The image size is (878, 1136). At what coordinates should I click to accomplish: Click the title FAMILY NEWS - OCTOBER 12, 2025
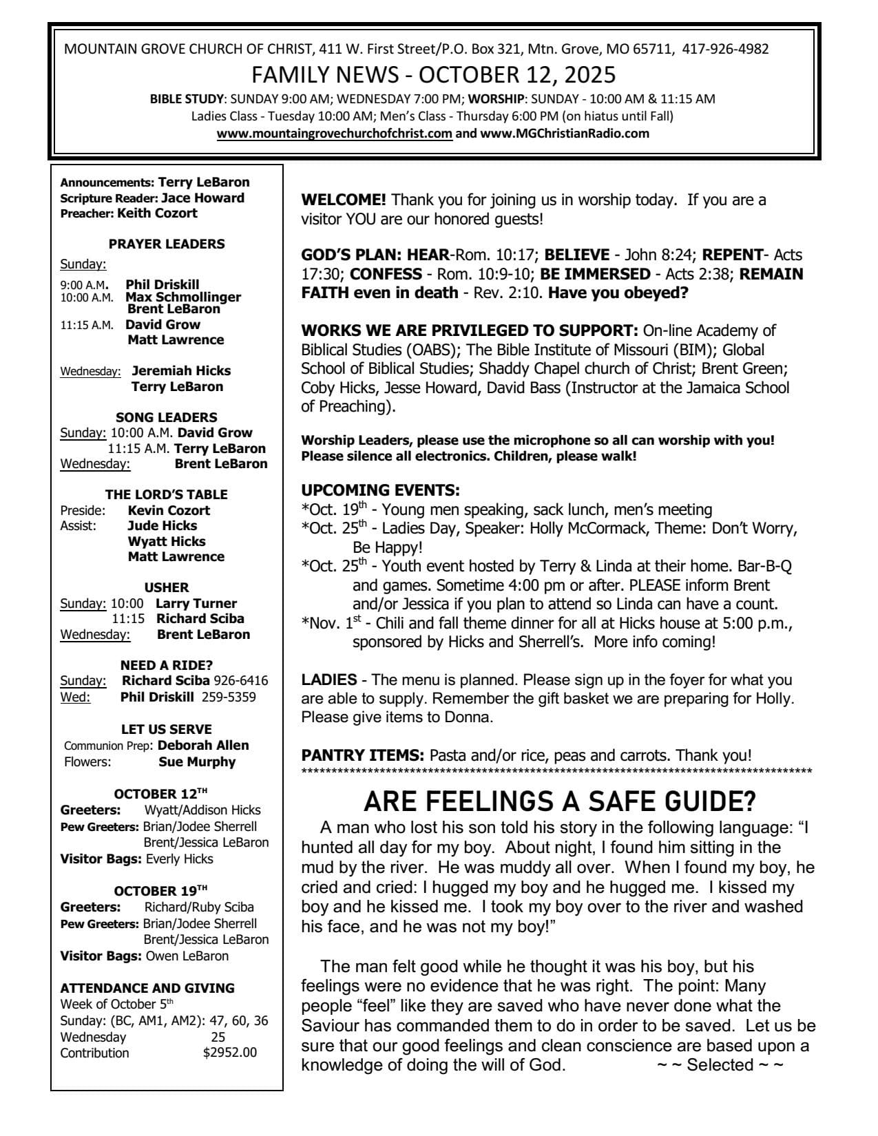click(434, 74)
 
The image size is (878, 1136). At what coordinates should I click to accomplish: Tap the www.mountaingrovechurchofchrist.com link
click(335, 134)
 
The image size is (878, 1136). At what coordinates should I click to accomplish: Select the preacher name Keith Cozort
click(157, 213)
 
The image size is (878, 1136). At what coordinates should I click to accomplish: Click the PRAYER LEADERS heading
click(167, 244)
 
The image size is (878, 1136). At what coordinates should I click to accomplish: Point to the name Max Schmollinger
click(183, 297)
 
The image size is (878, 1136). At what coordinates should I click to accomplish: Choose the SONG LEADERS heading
click(167, 417)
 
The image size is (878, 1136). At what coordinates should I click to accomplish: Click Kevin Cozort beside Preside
click(169, 510)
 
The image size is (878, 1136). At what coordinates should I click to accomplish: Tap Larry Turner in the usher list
click(196, 603)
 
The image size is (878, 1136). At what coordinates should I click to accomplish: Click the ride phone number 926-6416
click(240, 681)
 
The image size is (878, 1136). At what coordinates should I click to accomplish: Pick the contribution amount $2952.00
click(230, 1053)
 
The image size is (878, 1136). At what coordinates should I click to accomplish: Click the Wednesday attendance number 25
click(218, 1037)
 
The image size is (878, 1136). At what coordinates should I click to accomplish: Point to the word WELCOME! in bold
click(344, 200)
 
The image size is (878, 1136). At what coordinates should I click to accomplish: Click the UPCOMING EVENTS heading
click(380, 491)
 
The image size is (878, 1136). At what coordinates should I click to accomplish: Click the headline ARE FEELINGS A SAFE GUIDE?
click(559, 802)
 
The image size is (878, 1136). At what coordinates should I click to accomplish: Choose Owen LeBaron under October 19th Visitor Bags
click(187, 956)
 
